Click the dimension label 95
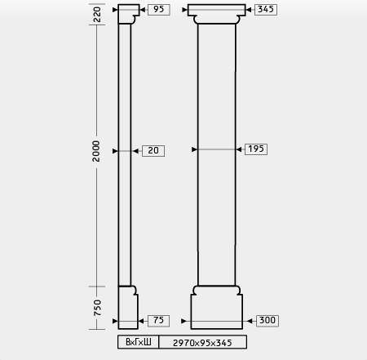159,10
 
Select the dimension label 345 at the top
266,10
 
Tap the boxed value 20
153,151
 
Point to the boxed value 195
256,149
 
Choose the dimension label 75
158,321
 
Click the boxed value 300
268,321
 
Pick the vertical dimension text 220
97,15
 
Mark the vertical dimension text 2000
96,151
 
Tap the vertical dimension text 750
97,308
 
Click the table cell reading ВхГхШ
139,342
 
